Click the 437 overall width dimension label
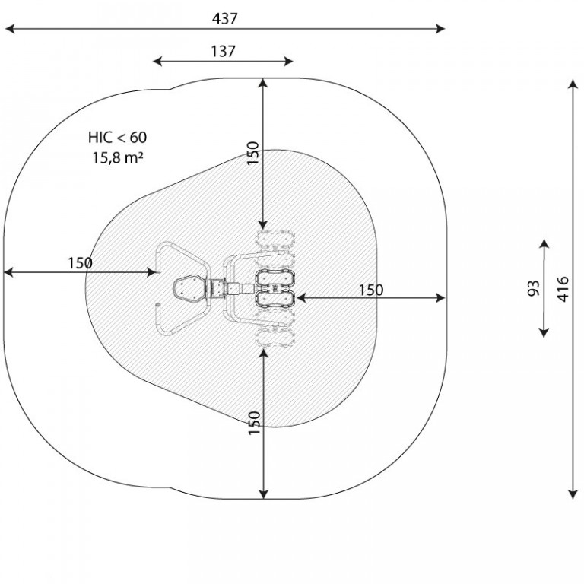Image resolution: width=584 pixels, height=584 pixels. coord(224,18)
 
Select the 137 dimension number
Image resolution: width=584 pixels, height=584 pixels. coord(223,52)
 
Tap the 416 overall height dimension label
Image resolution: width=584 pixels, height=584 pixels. coord(563,289)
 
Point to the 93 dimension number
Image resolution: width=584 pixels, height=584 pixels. coord(534,288)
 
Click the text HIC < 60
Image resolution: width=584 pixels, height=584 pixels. coord(117,138)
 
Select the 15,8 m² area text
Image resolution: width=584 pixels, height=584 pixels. coord(118,157)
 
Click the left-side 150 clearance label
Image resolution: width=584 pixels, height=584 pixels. coord(80,263)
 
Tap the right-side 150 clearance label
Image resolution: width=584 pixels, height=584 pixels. coord(370,290)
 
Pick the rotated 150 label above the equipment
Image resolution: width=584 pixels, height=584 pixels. coord(253,153)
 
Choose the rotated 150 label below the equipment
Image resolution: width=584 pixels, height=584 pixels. coord(255,422)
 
